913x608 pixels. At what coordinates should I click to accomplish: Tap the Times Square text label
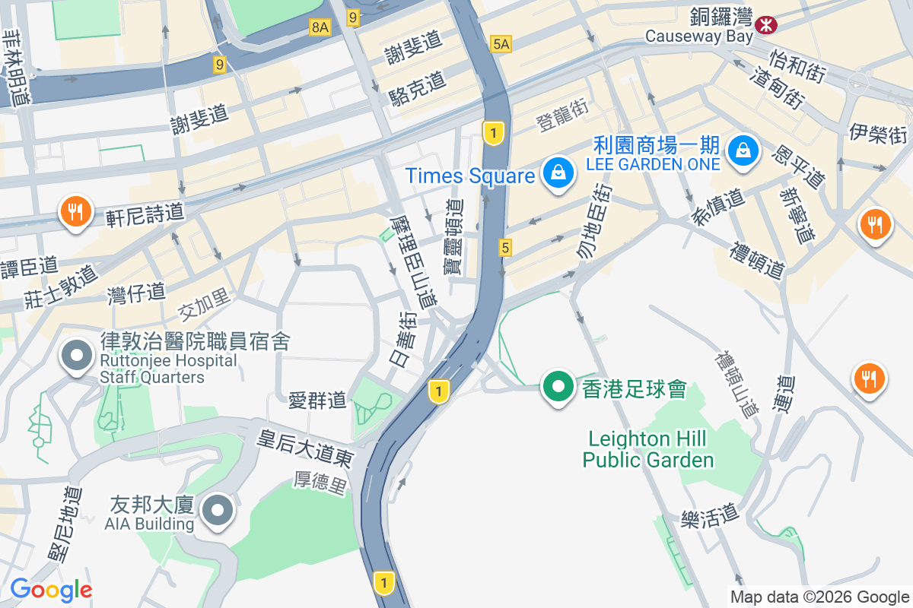click(x=470, y=176)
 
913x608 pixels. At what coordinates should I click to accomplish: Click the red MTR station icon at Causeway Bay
click(x=766, y=25)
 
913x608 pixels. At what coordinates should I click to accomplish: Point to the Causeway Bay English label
click(x=698, y=36)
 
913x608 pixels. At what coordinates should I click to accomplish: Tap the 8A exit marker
click(x=320, y=27)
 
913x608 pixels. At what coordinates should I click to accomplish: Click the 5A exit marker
click(x=501, y=44)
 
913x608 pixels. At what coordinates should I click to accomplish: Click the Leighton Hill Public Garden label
click(x=648, y=449)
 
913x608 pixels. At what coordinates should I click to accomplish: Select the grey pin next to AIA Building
click(x=218, y=510)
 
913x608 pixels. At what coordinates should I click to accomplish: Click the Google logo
click(x=51, y=589)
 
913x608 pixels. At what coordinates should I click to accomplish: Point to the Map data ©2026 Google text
click(x=819, y=597)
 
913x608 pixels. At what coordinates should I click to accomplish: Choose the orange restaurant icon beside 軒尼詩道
click(x=75, y=211)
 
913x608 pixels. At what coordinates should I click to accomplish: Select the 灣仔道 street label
click(x=137, y=292)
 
